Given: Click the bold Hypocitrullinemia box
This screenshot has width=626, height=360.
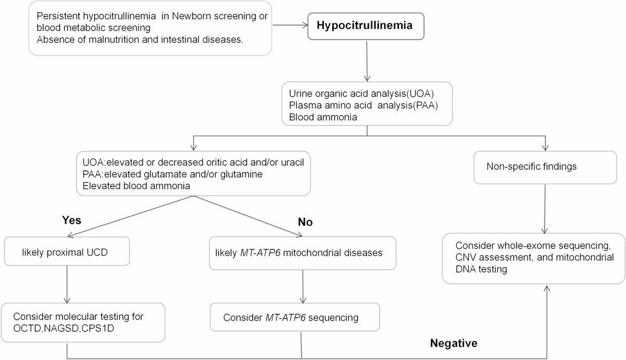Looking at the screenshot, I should point(365,26).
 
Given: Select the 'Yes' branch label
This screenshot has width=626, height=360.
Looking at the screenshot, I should point(71,220).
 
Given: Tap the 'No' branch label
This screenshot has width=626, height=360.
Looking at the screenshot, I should point(305,222).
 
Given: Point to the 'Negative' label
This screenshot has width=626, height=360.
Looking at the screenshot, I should point(453,343).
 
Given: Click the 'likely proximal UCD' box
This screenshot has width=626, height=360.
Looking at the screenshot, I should point(67,252).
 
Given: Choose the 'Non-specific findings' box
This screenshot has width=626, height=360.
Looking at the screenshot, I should point(545,167).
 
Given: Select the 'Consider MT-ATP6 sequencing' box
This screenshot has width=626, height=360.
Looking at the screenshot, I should point(295,317).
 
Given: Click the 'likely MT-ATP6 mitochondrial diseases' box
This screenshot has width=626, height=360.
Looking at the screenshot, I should point(302,253).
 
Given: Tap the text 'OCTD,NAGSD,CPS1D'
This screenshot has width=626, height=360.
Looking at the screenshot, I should point(64,328).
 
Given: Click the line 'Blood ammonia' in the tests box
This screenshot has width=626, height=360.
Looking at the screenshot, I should point(323,117).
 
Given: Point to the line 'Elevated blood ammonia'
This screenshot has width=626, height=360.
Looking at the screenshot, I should point(136,186).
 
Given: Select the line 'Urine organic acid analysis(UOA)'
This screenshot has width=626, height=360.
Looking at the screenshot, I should point(361,94).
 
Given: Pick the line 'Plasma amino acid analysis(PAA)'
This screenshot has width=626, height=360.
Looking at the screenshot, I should point(363,105).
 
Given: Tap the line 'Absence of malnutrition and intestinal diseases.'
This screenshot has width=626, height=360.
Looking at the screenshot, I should point(140,39).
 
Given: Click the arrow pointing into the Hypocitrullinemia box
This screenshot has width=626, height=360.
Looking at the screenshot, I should point(290,25).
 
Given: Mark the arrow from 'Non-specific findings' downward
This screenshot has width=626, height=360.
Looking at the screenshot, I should point(545,209).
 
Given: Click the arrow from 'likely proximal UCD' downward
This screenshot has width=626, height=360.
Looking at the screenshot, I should point(67,284).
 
